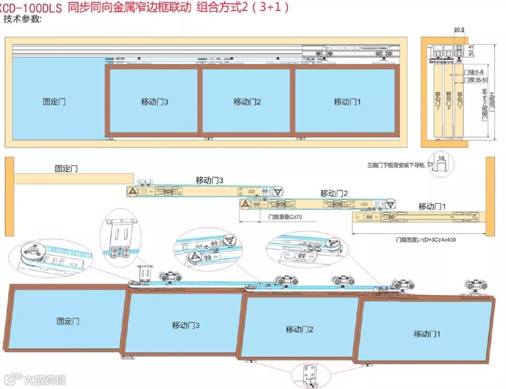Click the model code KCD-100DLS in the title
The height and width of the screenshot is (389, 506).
point(31,8)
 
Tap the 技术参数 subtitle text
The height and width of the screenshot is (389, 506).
point(22,19)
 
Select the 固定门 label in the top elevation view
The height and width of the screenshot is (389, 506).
point(54,102)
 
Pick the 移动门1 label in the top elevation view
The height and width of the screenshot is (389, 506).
point(347,102)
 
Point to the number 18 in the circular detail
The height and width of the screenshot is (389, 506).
point(441,158)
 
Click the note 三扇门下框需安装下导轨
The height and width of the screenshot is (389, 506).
point(395,165)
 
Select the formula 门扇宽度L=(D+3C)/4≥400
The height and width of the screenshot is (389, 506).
point(426,240)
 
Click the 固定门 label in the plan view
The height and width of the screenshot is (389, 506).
point(66,169)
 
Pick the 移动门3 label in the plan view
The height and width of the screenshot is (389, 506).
point(209,180)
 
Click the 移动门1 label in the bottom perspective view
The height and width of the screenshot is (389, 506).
point(427,334)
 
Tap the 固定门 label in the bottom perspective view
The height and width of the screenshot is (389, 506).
point(68,321)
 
